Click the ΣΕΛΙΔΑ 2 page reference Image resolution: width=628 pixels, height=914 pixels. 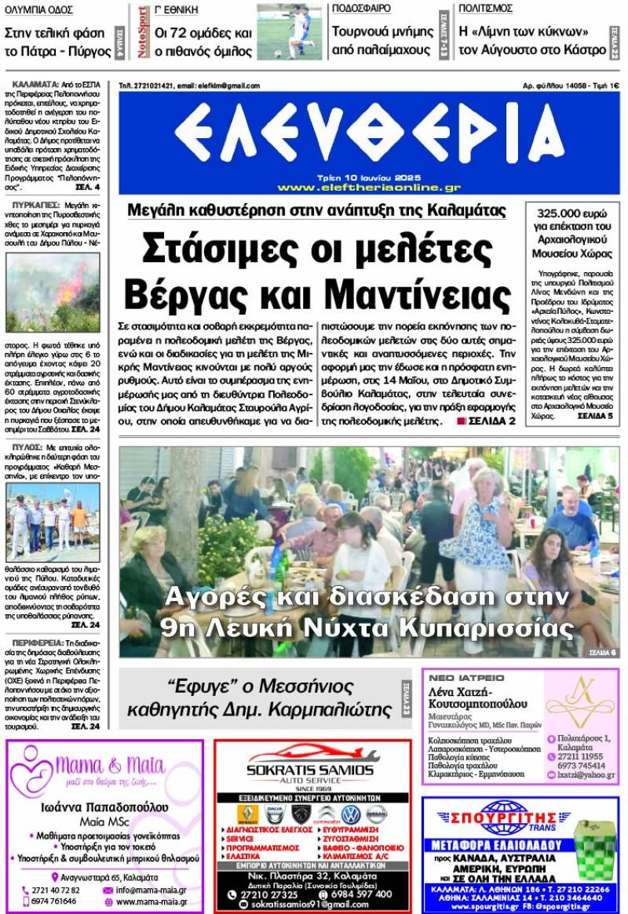(491, 421)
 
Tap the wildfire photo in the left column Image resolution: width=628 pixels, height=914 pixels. (53, 293)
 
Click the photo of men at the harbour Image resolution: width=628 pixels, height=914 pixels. (53, 510)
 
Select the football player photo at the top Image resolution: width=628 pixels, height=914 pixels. (289, 31)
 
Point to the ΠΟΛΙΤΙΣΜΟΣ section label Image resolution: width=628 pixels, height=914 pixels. (486, 9)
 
